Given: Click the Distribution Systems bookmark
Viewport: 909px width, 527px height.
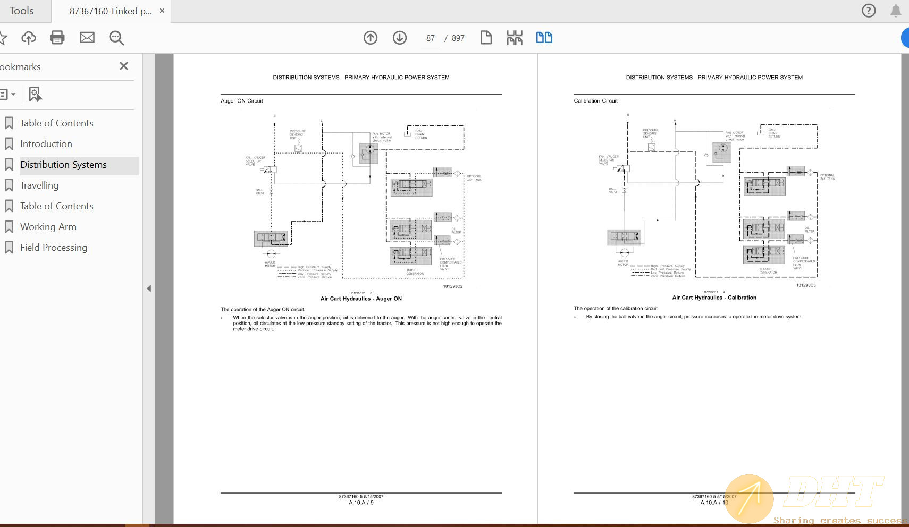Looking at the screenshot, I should coord(63,165).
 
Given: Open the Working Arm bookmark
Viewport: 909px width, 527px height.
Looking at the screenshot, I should coord(48,227).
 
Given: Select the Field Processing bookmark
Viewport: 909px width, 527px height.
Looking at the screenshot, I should coord(54,248).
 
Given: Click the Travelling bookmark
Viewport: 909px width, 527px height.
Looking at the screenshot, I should coord(39,185).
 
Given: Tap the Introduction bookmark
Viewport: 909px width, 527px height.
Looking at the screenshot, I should coord(46,144).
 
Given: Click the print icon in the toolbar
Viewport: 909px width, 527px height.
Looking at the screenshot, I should coord(57,38).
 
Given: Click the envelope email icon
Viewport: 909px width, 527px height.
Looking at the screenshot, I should coord(87,38).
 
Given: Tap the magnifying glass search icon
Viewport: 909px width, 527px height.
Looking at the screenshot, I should coord(116,38).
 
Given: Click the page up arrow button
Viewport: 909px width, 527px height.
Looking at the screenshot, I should coord(371,38).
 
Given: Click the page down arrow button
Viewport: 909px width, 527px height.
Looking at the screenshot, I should coord(400,38).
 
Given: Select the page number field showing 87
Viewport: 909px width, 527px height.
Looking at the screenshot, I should coord(430,38).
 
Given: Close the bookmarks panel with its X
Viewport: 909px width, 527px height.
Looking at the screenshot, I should coord(124,66).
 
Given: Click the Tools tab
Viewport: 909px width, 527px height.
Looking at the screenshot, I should coord(21,11).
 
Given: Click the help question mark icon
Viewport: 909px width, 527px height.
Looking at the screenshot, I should coord(869,11).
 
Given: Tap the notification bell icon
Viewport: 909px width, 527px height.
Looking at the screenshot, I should coord(896,11).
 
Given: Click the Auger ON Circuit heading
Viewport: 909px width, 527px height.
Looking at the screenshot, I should coord(242,101).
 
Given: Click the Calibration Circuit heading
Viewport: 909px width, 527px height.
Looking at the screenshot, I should coord(595,101).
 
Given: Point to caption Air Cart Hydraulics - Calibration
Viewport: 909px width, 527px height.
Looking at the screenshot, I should coord(714,297).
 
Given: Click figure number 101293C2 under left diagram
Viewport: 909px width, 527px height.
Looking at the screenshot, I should coord(453,286).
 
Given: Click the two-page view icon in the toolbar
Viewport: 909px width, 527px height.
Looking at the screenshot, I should coord(544,38).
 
